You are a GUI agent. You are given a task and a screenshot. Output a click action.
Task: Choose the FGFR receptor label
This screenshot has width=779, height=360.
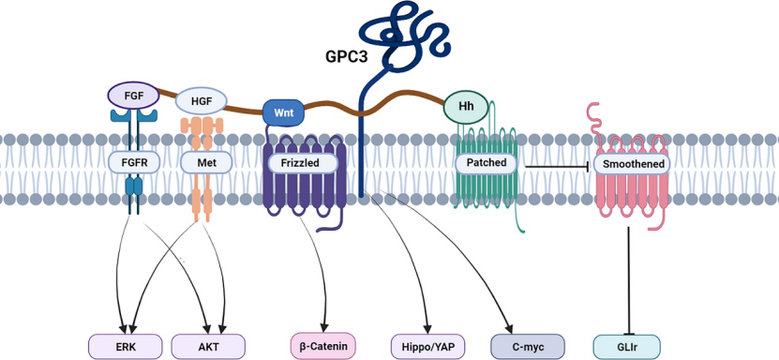coord(134,162)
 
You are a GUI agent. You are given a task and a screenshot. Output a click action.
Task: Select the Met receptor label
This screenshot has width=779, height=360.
coord(206,163)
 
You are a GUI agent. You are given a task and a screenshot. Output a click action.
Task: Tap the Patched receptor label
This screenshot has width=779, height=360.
coord(487,163)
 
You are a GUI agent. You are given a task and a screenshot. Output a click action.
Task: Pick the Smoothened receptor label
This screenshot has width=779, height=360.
coord(634,164)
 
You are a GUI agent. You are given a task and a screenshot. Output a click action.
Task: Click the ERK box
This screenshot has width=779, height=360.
coord(125,346)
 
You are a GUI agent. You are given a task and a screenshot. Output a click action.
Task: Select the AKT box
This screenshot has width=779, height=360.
coord(208,346)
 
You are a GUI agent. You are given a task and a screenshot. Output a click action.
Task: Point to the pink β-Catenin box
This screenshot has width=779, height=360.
coord(323,346)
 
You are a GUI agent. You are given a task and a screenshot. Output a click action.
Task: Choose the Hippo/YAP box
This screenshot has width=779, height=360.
coord(427,346)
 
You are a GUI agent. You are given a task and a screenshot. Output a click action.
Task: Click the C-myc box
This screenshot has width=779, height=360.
coord(528,346)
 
